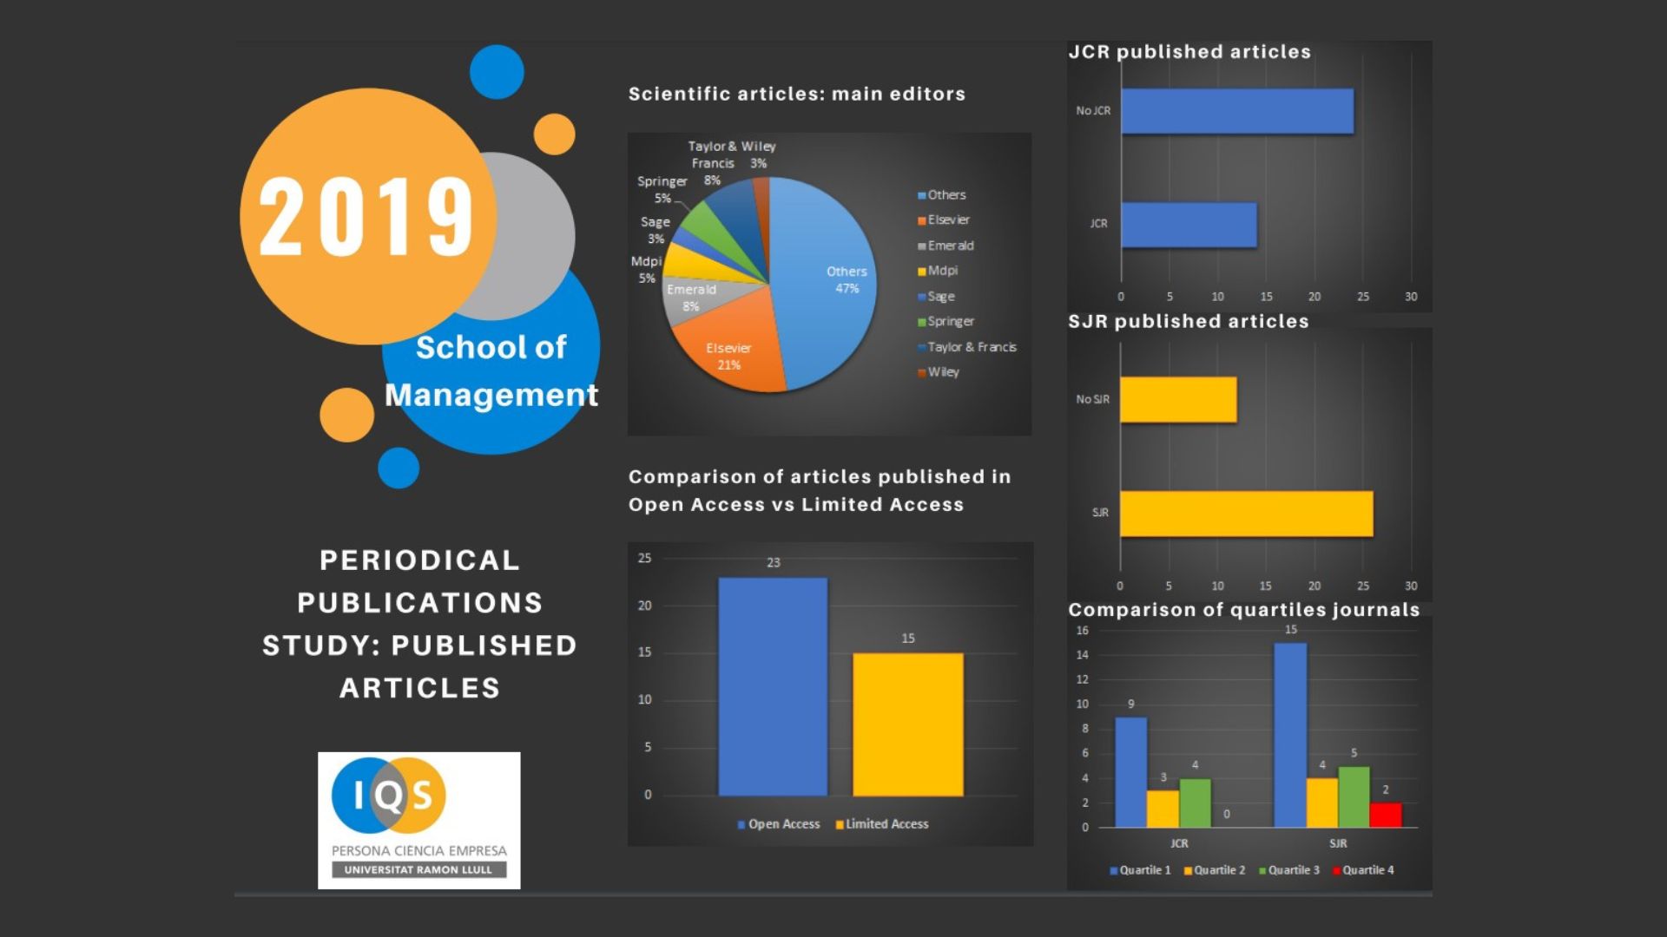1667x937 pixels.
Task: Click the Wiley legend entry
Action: point(943,372)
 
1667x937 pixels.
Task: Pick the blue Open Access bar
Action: point(773,685)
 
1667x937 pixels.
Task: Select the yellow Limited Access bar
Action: point(907,724)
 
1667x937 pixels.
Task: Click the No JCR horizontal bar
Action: point(1236,111)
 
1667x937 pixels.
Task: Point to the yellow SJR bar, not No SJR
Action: point(1246,514)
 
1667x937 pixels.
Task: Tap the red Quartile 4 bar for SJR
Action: point(1385,815)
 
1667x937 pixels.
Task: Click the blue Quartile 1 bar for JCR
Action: point(1130,772)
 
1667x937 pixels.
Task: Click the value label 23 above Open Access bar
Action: point(773,563)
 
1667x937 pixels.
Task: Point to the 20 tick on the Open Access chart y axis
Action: point(644,606)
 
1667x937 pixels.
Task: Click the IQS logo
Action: point(418,820)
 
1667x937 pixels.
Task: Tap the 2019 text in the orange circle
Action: point(366,217)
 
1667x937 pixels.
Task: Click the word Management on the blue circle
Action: point(491,395)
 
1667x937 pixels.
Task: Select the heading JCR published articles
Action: point(1189,52)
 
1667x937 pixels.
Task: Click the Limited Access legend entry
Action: point(886,824)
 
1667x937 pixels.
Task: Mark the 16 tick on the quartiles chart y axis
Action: point(1082,631)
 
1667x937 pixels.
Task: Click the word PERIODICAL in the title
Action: point(419,560)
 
